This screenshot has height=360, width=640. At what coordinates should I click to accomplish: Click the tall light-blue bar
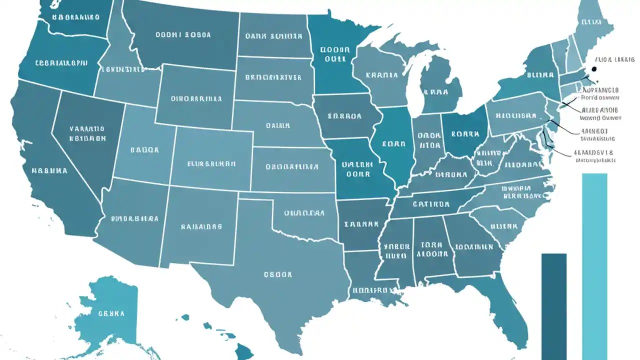point(594,260)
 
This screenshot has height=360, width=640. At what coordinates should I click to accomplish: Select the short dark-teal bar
point(554,300)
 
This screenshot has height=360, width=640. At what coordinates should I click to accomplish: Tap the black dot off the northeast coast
point(594,70)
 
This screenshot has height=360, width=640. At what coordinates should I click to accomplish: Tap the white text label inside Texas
point(278,274)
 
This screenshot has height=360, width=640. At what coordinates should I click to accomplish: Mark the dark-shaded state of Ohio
point(465,132)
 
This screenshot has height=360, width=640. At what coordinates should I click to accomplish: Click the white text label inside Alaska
point(111,314)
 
